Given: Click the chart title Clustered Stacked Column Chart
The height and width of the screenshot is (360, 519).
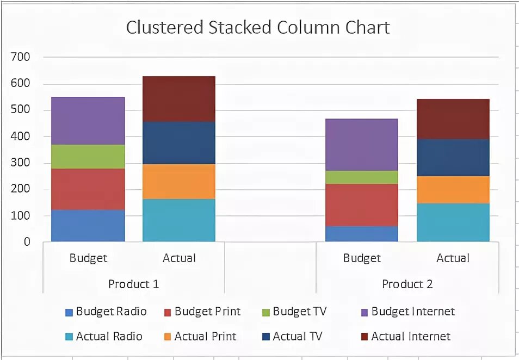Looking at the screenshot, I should (x=258, y=28).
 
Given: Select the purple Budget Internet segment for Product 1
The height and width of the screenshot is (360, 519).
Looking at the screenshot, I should (x=88, y=121).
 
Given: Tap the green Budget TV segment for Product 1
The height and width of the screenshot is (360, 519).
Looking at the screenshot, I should (x=88, y=157).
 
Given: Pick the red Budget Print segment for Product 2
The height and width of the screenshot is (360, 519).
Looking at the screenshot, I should (x=362, y=204).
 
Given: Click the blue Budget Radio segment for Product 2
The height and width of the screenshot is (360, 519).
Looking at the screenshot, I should (x=362, y=234).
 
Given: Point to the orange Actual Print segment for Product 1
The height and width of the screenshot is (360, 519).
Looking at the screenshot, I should (x=179, y=181).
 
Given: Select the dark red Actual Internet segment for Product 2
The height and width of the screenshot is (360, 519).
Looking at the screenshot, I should (x=453, y=119).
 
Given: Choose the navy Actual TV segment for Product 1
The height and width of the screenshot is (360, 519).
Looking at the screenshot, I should (x=179, y=142).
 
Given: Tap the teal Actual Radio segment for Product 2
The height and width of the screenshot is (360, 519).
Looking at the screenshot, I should (x=453, y=222).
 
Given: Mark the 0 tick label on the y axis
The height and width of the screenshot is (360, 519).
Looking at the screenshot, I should (x=26, y=243).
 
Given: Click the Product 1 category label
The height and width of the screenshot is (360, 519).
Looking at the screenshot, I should (x=133, y=284).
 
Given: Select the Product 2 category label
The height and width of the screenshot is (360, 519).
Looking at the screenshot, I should (x=407, y=284).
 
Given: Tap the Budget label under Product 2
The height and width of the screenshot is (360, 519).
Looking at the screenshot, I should (x=362, y=258).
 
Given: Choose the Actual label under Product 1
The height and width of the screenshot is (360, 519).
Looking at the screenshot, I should (x=179, y=258).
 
